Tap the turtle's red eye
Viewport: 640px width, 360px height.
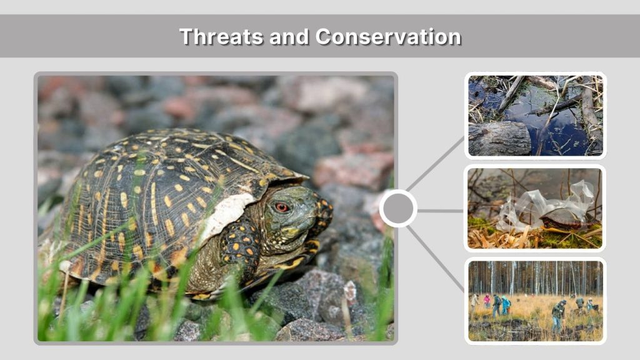pyautogui.click(x=282, y=207)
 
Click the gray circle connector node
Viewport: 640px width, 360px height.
pyautogui.click(x=397, y=208)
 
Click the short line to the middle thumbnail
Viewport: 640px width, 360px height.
pyautogui.click(x=440, y=211)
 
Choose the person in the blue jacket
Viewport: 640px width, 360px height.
pyautogui.click(x=506, y=305)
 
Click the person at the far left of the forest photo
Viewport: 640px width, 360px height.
pyautogui.click(x=474, y=301)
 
